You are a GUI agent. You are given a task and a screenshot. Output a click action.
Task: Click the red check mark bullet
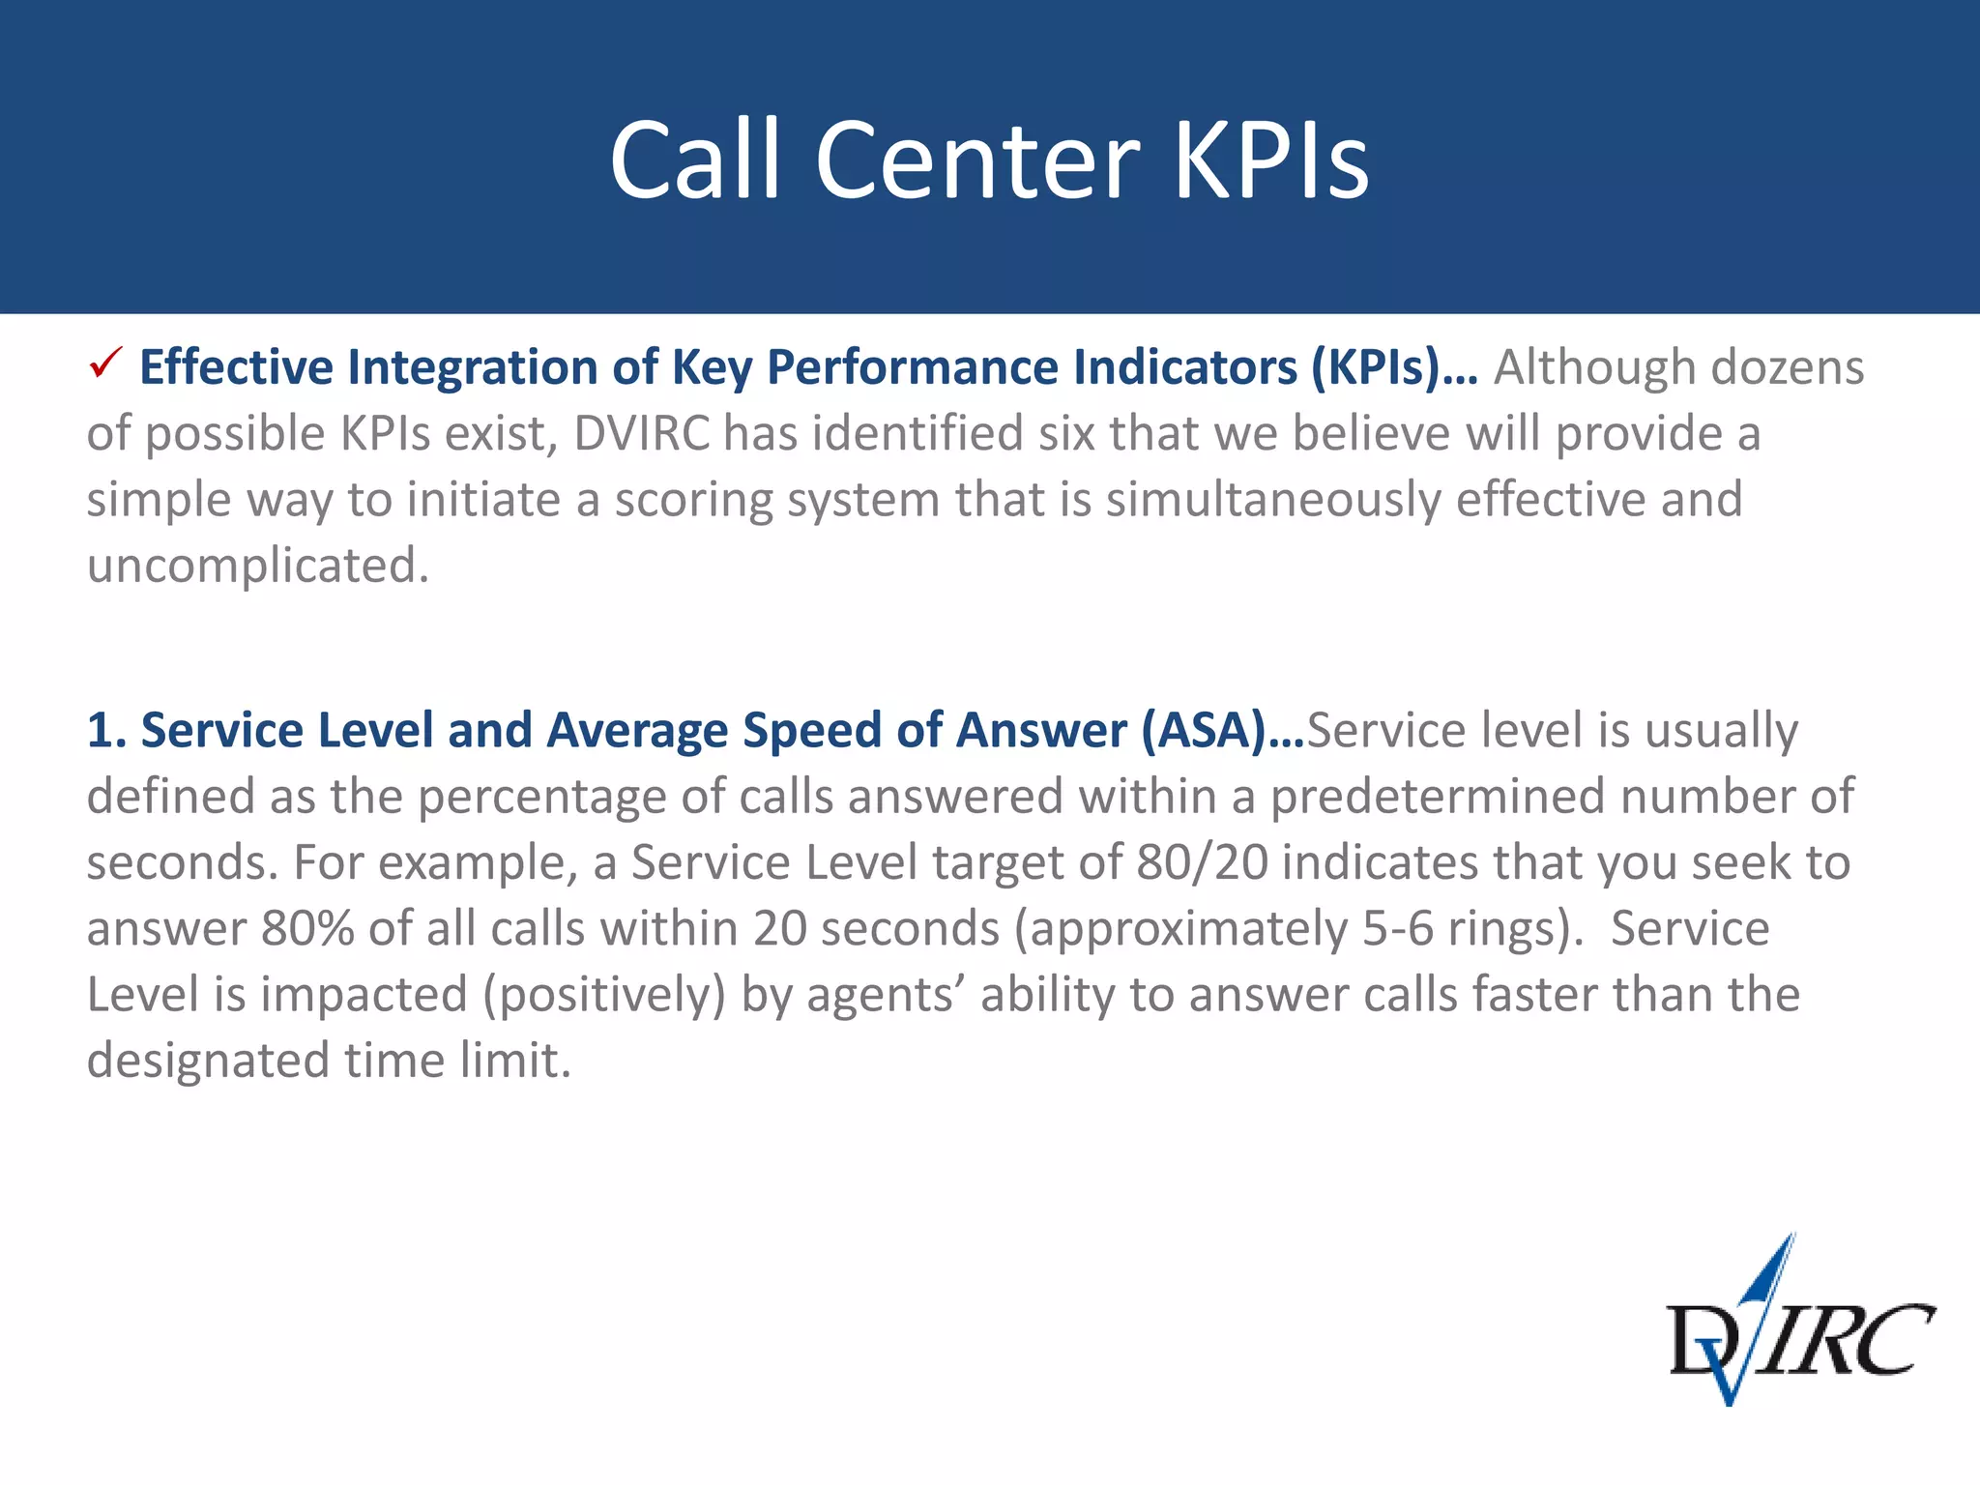tap(104, 364)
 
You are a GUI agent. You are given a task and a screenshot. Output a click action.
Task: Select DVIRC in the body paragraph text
tap(642, 434)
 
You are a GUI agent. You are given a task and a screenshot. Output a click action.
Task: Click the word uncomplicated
tap(257, 566)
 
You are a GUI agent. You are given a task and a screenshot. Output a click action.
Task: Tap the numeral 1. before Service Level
tap(106, 730)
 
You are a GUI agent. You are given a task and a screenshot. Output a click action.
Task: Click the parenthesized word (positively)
tap(604, 995)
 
